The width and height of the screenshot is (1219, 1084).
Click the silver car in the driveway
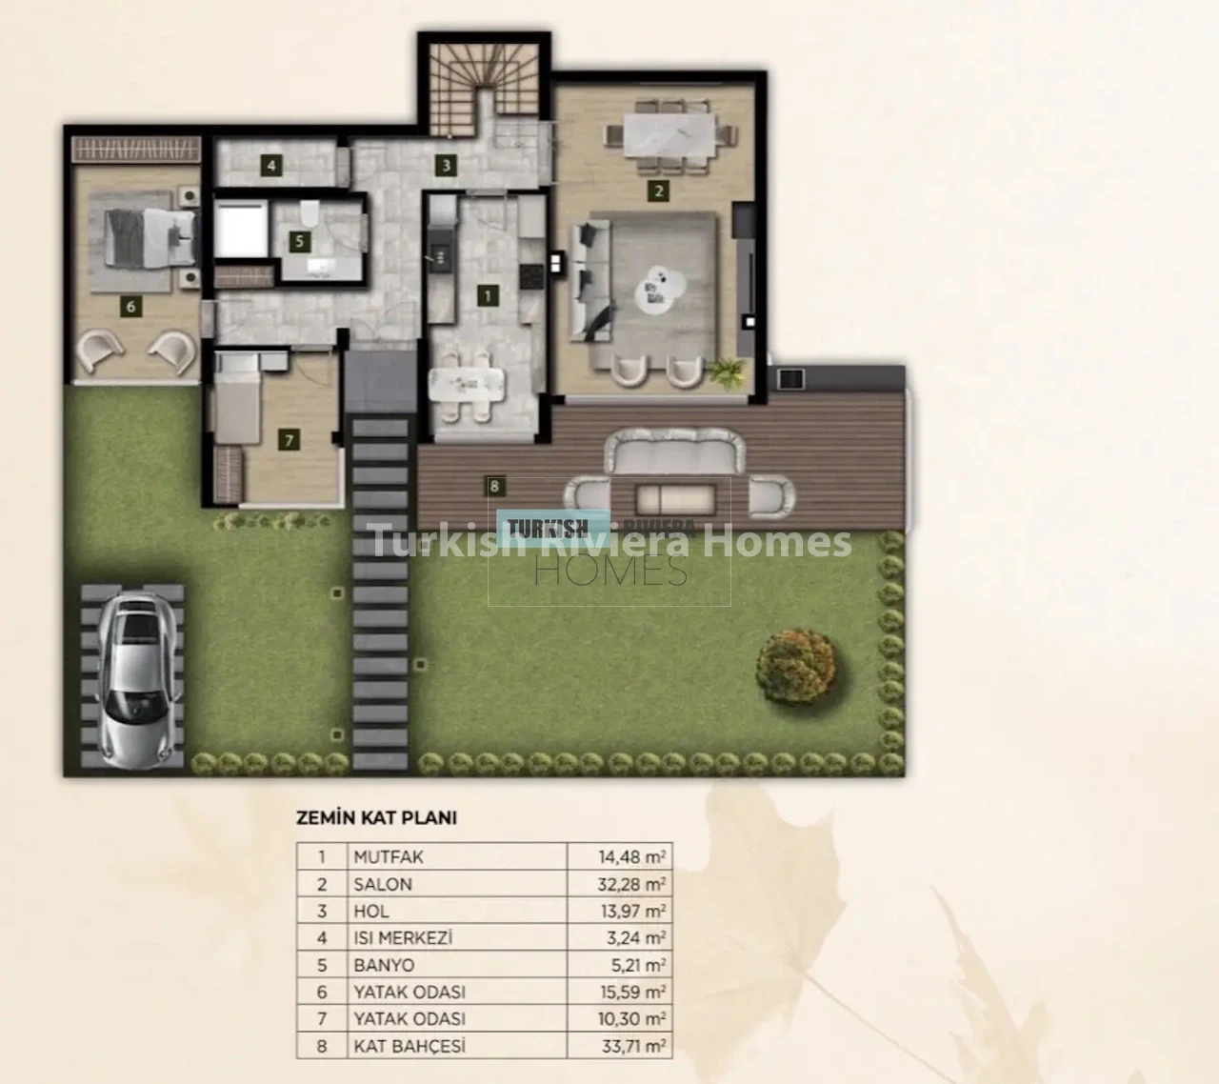pyautogui.click(x=139, y=679)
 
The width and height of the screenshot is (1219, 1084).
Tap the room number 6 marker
pyautogui.click(x=131, y=307)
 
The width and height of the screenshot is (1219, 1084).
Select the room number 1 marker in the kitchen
pyautogui.click(x=488, y=295)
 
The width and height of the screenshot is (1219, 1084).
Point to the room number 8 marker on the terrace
pyautogui.click(x=494, y=487)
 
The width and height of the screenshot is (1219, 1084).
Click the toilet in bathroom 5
pyautogui.click(x=310, y=211)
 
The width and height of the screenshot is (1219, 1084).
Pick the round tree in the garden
pyautogui.click(x=795, y=667)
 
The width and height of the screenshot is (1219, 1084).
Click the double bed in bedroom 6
pyautogui.click(x=150, y=237)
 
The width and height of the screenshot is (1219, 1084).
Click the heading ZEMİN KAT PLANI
pyautogui.click(x=376, y=818)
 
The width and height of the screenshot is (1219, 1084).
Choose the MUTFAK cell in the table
pyautogui.click(x=389, y=857)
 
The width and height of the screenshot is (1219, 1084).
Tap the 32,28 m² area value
pyautogui.click(x=631, y=884)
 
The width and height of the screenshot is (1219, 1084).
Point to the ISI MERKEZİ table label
pyautogui.click(x=403, y=937)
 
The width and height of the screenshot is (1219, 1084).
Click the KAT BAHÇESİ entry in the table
pyautogui.click(x=410, y=1046)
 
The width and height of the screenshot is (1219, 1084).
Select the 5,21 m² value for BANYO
pyautogui.click(x=638, y=966)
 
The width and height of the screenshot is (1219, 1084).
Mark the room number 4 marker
pyautogui.click(x=271, y=166)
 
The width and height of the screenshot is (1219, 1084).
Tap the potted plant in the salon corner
pyautogui.click(x=729, y=371)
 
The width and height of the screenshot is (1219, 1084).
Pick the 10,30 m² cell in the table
pyautogui.click(x=631, y=1019)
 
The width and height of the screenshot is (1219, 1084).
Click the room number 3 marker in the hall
pyautogui.click(x=446, y=166)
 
